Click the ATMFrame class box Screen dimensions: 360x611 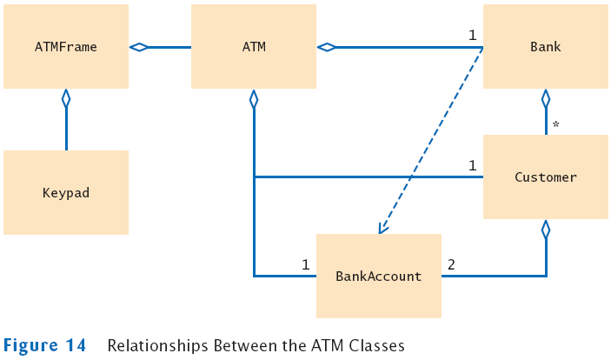(x=66, y=47)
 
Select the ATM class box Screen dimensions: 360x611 (x=254, y=47)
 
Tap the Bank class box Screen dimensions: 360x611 (x=546, y=47)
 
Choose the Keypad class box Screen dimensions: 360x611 (x=66, y=192)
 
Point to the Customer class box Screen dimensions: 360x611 (x=546, y=177)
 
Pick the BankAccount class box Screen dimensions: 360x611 (x=379, y=276)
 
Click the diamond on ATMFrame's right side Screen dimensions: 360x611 (x=139, y=47)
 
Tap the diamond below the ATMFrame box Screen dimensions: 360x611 (x=66, y=98)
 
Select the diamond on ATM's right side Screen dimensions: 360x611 (x=327, y=47)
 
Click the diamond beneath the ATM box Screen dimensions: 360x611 (x=254, y=98)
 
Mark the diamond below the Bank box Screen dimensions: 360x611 (x=546, y=98)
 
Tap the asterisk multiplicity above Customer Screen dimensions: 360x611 (x=555, y=125)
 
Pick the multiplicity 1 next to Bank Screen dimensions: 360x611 (x=472, y=35)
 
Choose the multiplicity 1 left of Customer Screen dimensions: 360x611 (x=472, y=165)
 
